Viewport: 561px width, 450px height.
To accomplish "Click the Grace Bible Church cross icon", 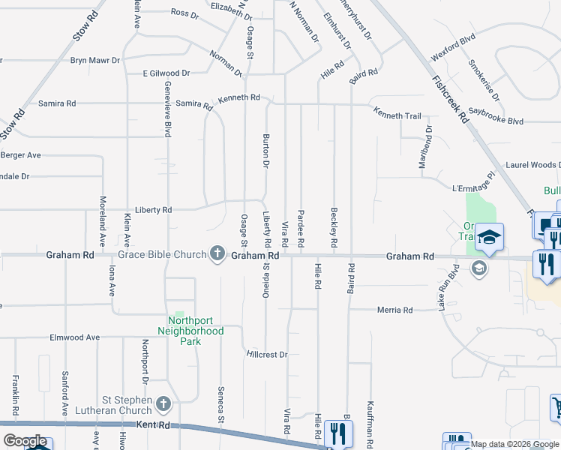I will pos(217,254).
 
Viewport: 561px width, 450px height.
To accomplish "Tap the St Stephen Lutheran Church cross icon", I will pos(164,406).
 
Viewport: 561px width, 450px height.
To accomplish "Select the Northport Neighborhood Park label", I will pos(190,331).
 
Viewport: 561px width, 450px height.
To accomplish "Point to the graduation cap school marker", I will pos(489,237).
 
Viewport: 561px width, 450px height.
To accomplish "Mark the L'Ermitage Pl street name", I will pos(474,184).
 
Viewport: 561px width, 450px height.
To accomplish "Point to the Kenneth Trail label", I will pos(397,116).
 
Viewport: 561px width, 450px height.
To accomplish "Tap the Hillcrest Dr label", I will pos(267,354).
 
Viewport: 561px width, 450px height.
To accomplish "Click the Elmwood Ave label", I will pos(75,337).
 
